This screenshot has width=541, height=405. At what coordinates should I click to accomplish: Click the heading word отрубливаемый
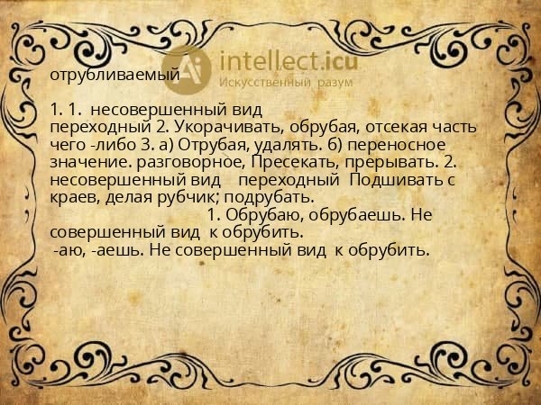(x=115, y=76)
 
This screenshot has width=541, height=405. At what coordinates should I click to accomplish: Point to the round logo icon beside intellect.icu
(x=187, y=67)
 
